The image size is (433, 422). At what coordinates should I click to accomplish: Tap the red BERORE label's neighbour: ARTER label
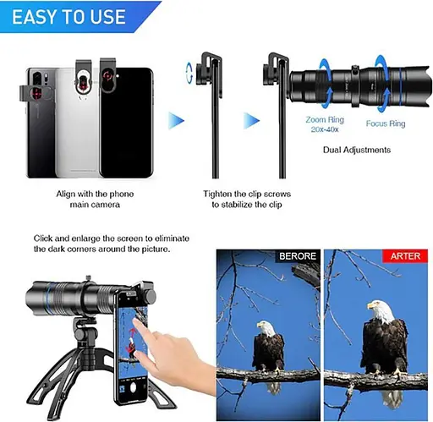coord(405,256)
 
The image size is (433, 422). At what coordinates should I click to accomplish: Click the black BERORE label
coord(298,256)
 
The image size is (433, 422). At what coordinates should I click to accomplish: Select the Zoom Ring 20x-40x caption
coord(325,124)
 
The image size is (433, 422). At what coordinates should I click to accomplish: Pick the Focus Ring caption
coord(386,123)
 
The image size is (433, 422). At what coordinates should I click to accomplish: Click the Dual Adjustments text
coord(357,150)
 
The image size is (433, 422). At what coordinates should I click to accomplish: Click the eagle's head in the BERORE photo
coord(266,327)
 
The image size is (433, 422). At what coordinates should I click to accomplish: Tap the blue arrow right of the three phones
coord(176,121)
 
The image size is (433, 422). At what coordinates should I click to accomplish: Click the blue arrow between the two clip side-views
coord(251,121)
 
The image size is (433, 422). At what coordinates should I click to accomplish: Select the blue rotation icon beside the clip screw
coord(189,73)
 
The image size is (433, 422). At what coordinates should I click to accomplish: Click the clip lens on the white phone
coord(82,80)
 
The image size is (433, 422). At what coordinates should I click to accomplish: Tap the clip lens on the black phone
coord(107,76)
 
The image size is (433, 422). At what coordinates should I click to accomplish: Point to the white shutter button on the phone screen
coord(134,387)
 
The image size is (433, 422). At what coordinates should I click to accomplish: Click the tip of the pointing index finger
coord(134,321)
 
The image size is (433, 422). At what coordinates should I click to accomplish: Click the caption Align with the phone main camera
coord(95,199)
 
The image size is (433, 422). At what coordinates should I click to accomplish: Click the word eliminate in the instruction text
coord(172,238)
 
